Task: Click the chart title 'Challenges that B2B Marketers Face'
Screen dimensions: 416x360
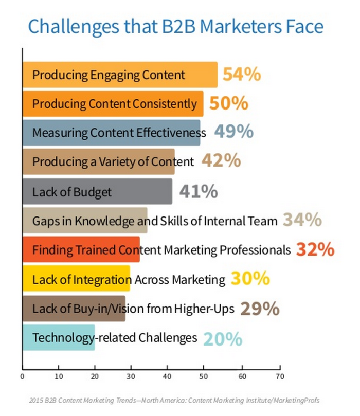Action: click(175, 26)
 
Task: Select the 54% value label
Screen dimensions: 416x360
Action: click(242, 75)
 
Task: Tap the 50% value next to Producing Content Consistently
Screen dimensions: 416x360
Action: click(229, 103)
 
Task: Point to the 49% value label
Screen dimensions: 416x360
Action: click(233, 132)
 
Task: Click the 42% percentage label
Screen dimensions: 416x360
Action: click(221, 161)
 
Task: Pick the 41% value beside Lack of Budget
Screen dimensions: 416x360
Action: click(199, 191)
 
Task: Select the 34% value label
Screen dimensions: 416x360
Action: click(302, 221)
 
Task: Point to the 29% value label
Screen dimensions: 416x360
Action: click(260, 309)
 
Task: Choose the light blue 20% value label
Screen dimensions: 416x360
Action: click(222, 338)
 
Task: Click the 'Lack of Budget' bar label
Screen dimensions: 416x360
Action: click(72, 192)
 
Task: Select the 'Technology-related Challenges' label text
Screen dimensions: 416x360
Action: click(115, 338)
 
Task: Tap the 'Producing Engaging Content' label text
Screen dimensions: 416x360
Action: click(109, 75)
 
